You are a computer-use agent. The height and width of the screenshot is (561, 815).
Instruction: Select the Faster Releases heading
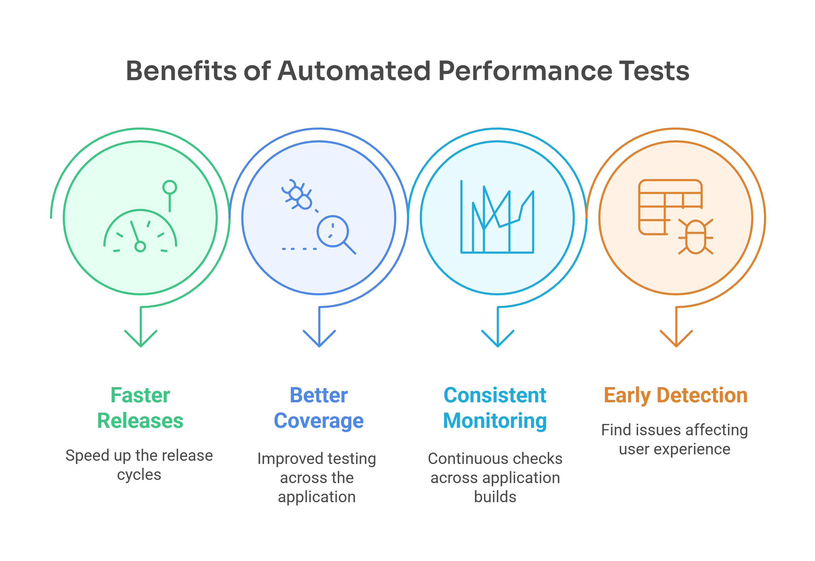[140, 408]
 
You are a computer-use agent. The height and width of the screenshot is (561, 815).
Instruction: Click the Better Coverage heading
[319, 408]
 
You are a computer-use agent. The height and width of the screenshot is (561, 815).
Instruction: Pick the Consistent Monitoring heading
[495, 408]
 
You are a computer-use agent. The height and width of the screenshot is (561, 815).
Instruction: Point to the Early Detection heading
[676, 395]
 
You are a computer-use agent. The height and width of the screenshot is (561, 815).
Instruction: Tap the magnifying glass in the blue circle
[336, 234]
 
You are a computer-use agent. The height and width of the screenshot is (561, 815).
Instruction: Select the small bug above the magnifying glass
[297, 194]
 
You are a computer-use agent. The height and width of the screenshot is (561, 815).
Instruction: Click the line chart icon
[497, 217]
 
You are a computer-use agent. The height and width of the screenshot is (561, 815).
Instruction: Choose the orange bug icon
[696, 237]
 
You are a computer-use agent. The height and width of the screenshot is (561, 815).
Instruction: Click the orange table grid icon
[670, 207]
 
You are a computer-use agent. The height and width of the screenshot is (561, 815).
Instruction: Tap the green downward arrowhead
[141, 338]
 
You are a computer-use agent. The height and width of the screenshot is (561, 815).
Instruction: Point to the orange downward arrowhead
[676, 338]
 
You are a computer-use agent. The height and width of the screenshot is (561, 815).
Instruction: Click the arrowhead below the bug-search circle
[319, 338]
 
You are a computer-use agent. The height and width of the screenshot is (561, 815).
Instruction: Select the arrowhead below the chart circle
[498, 338]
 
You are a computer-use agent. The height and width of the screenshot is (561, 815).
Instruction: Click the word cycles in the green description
[139, 475]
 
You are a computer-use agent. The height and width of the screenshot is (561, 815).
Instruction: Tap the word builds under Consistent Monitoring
[495, 497]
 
